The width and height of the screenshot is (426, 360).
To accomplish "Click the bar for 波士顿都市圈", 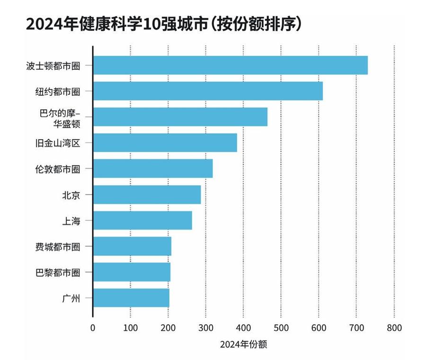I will click(x=230, y=65).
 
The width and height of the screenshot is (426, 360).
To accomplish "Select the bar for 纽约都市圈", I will click(x=208, y=91).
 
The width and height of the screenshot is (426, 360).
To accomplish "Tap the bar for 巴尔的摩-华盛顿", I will click(x=180, y=117).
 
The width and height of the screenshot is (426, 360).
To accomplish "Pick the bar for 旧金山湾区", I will click(x=165, y=143).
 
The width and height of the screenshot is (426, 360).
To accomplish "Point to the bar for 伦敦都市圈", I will click(x=153, y=169).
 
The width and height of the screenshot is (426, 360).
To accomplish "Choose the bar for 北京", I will click(x=147, y=194).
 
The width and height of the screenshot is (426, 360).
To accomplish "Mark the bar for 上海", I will click(x=142, y=220).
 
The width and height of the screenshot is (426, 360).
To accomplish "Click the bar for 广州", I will click(x=131, y=298).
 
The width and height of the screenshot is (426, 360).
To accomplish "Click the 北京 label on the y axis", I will click(x=71, y=195).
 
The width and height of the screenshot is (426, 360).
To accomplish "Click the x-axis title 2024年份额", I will click(x=243, y=344).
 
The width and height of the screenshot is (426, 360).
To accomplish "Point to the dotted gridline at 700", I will click(x=356, y=189).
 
